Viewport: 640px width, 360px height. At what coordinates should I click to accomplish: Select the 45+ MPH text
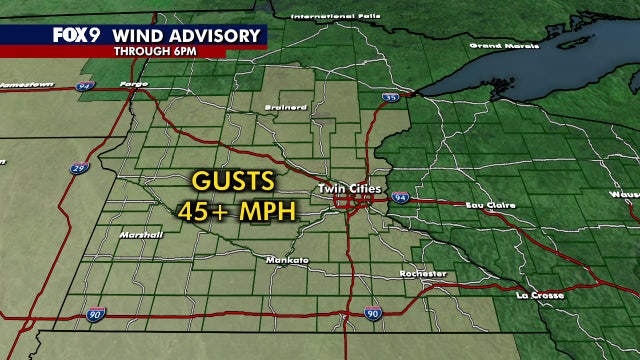(231, 211)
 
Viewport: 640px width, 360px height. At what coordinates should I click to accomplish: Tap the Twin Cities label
(345, 188)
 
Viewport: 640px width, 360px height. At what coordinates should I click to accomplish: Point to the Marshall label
(139, 234)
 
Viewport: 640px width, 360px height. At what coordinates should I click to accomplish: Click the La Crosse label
(540, 295)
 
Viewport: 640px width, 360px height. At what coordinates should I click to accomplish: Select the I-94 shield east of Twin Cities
(399, 196)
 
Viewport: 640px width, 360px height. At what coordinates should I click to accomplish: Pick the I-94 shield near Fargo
(84, 87)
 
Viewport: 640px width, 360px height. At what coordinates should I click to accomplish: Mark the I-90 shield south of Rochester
(372, 314)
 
